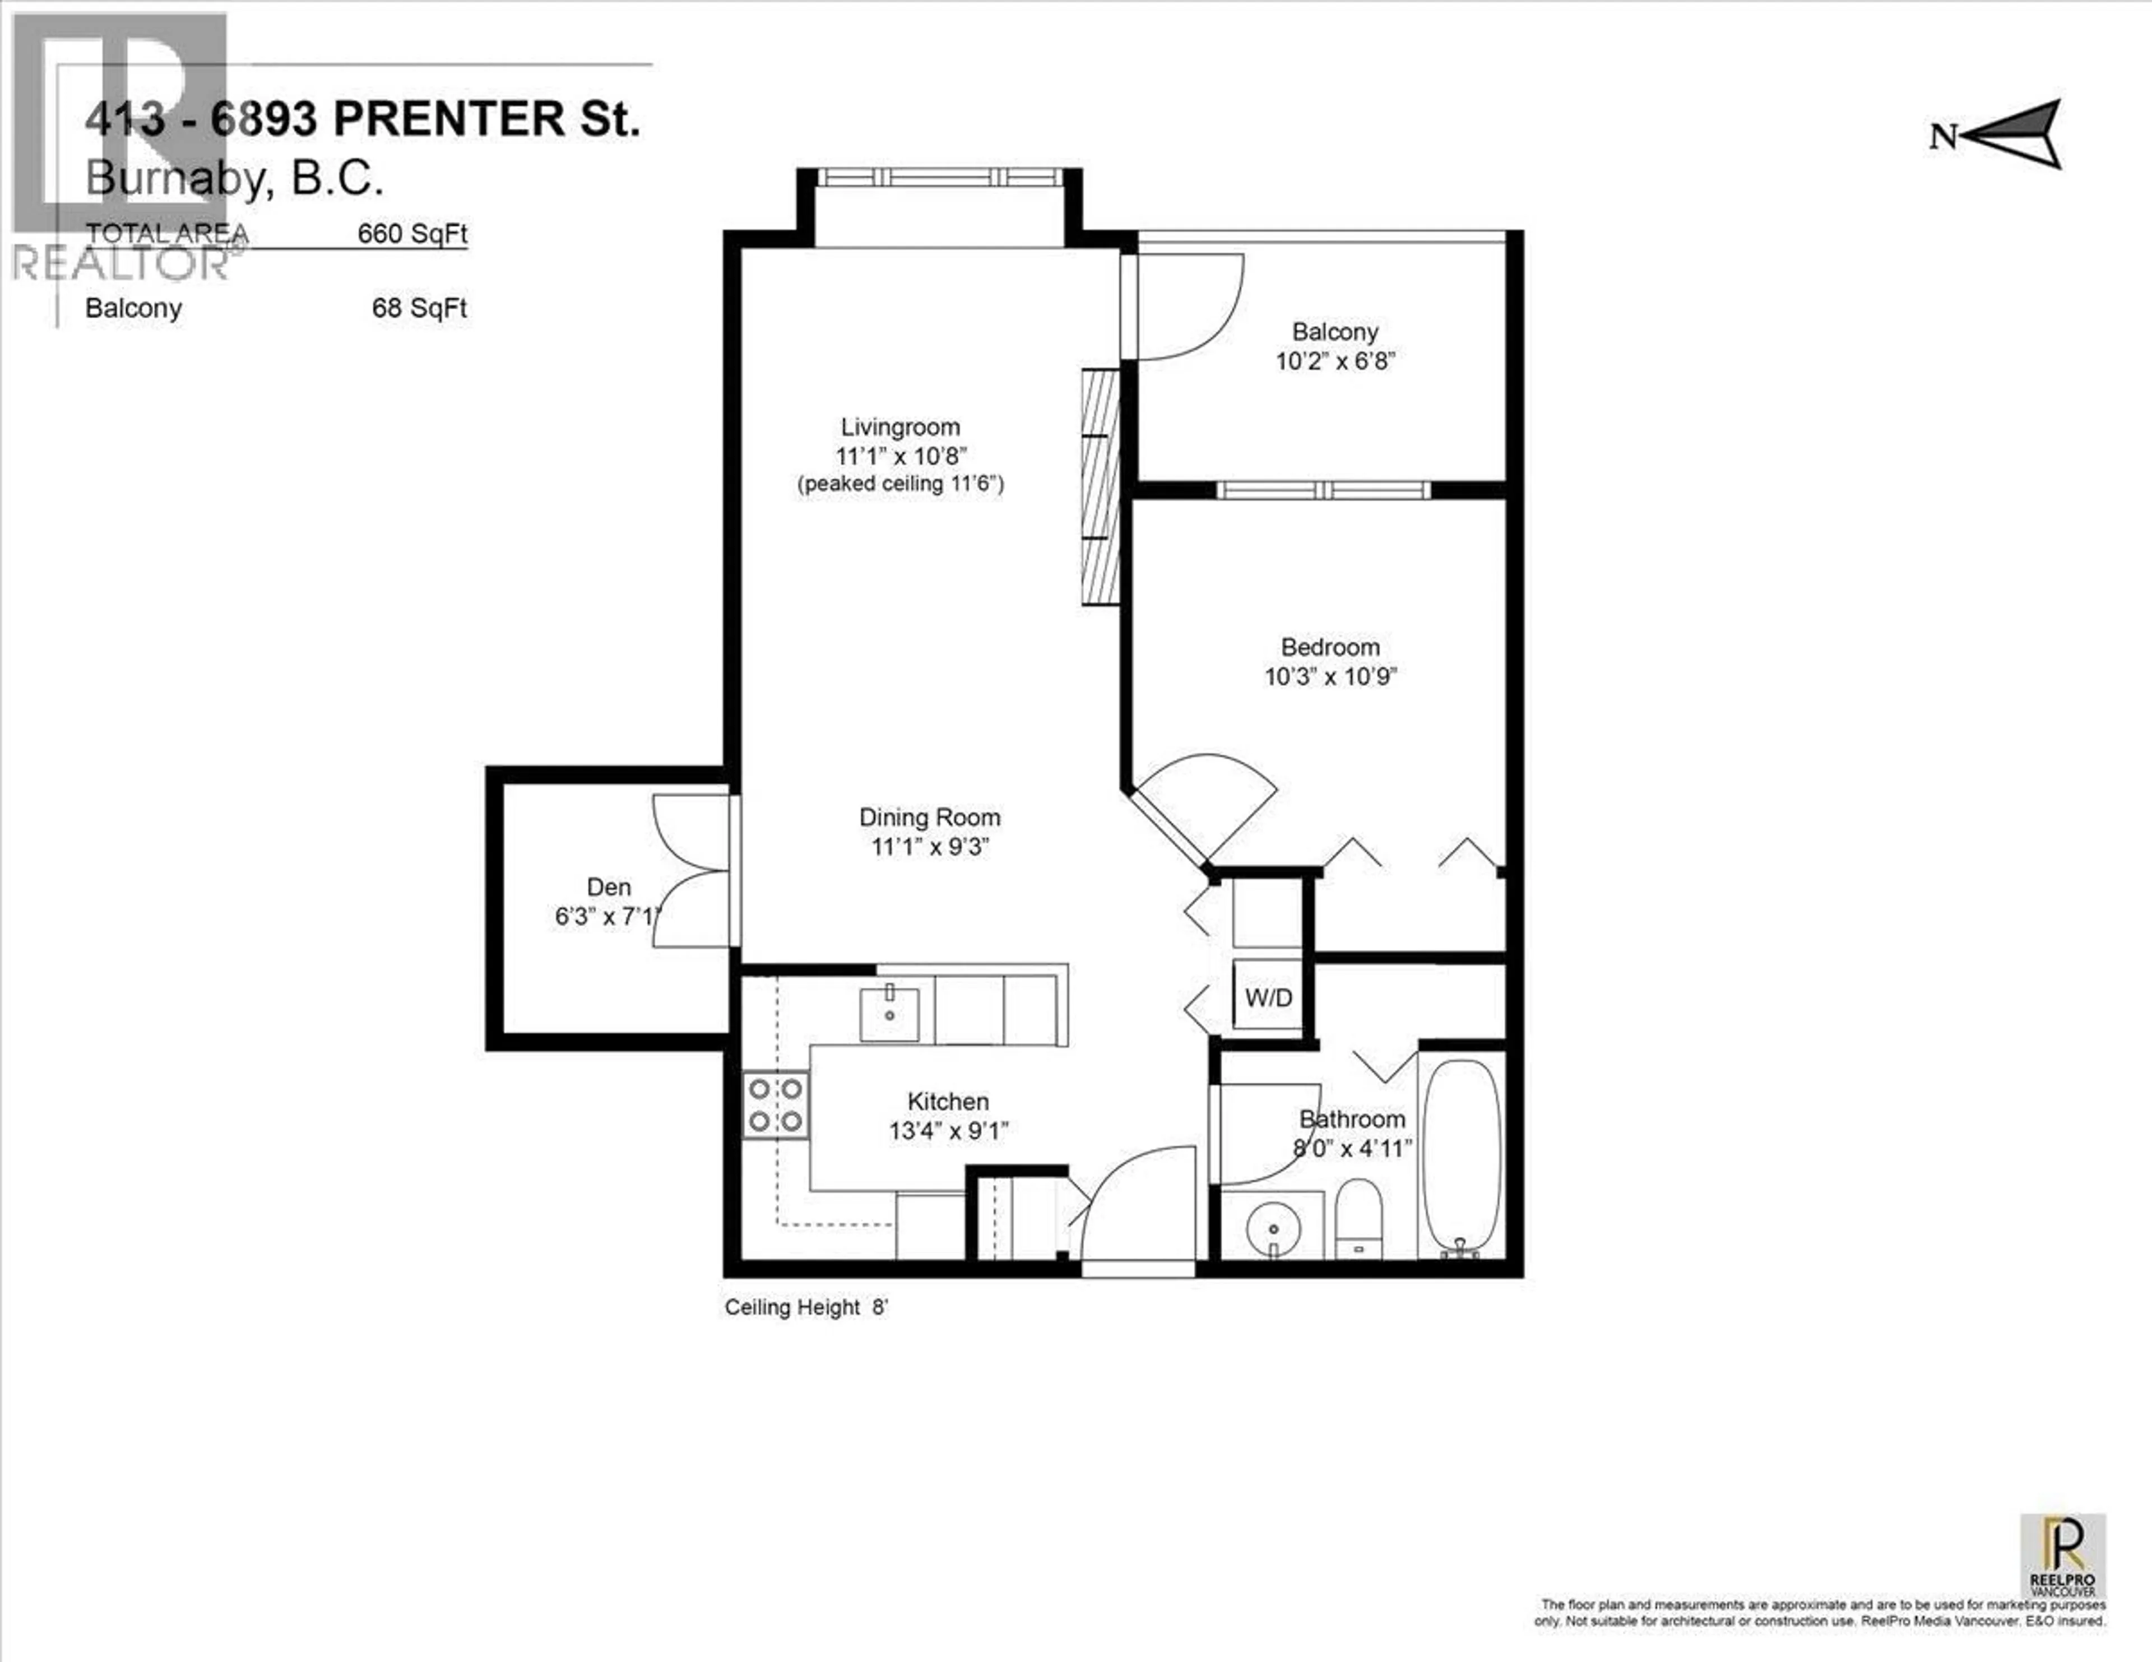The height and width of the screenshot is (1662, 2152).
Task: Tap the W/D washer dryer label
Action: click(x=1268, y=998)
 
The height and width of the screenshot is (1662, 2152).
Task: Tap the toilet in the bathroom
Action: click(x=1358, y=1222)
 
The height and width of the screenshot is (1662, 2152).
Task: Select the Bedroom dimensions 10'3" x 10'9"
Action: click(x=1330, y=677)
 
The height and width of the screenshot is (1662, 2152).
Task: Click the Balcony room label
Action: click(x=1334, y=332)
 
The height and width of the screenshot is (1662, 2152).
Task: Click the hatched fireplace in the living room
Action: click(x=1101, y=486)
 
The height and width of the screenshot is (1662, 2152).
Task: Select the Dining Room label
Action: click(x=929, y=818)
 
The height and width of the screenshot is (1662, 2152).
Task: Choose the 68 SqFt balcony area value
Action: click(x=419, y=308)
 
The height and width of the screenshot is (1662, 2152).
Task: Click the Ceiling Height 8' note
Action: click(x=806, y=1307)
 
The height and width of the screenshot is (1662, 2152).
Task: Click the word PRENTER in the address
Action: click(x=448, y=119)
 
